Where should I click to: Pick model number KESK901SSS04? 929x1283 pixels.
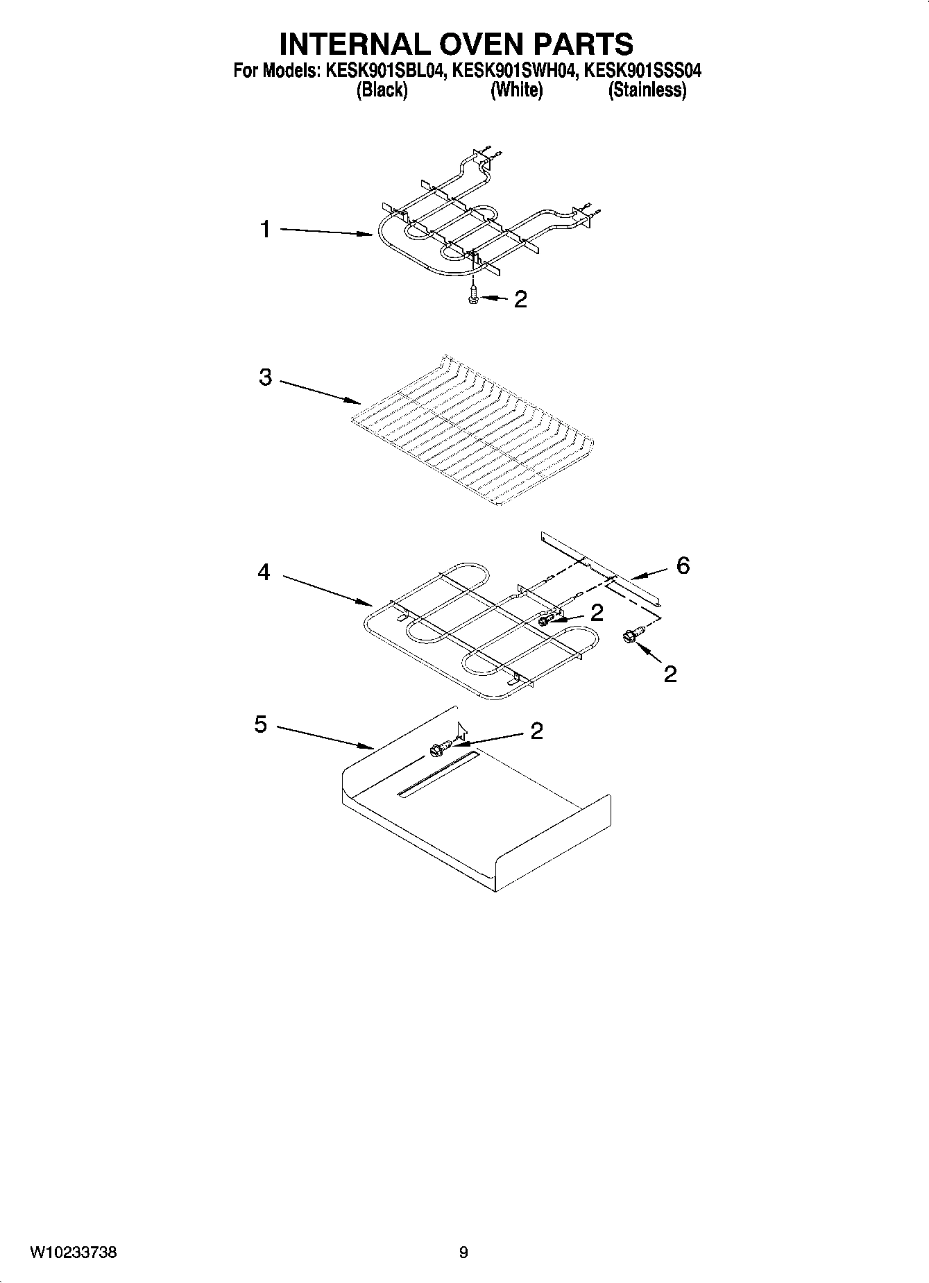[x=642, y=70]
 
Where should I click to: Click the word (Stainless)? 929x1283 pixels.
[x=647, y=90]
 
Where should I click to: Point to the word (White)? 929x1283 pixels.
[x=516, y=90]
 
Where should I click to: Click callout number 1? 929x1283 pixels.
[x=265, y=229]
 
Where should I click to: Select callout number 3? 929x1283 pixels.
[x=265, y=377]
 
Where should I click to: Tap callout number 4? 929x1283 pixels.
[x=264, y=572]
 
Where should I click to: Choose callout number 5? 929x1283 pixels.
[x=260, y=724]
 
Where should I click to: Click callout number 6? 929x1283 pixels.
[x=683, y=566]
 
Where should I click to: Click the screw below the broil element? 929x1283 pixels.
[x=473, y=296]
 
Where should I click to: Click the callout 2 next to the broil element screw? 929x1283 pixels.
[x=520, y=300]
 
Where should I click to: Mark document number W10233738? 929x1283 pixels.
[x=73, y=1252]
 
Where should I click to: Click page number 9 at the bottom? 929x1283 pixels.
[x=463, y=1252]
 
